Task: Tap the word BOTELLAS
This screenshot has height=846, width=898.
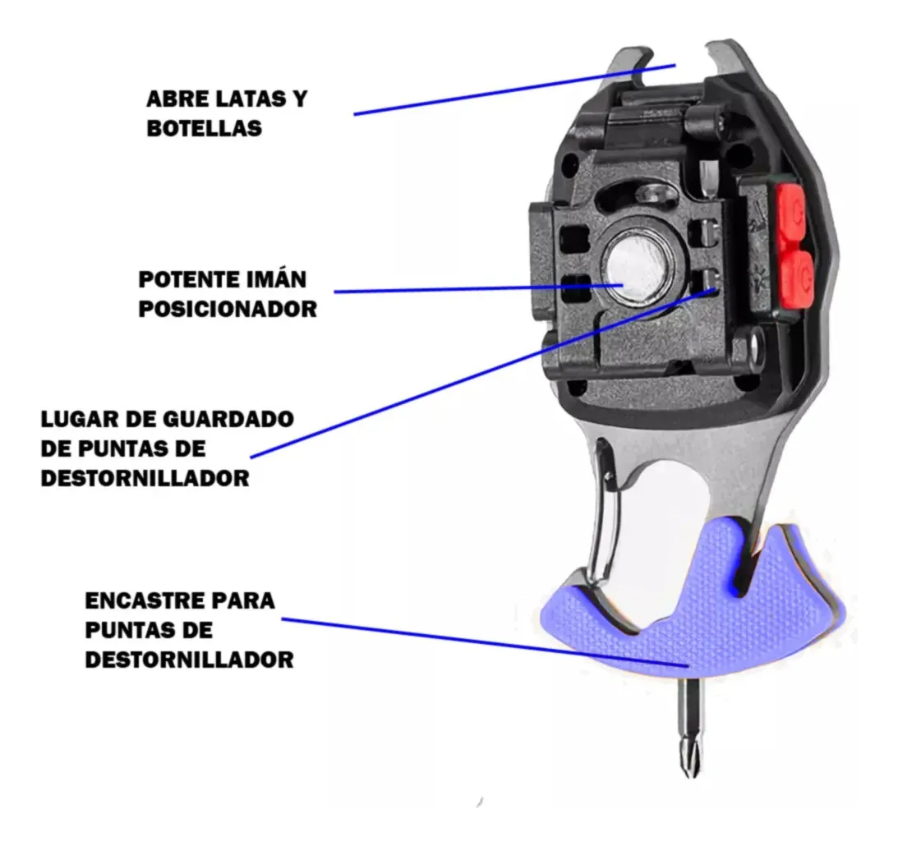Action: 205,128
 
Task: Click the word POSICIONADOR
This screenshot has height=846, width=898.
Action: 228,309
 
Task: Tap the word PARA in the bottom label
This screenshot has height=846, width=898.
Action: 244,601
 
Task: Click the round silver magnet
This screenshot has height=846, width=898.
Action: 633,267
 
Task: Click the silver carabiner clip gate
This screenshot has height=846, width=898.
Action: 602,515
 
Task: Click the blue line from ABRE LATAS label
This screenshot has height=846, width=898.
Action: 515,90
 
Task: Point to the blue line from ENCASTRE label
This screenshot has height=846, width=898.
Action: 485,641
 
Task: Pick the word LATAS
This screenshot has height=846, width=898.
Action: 254,99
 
